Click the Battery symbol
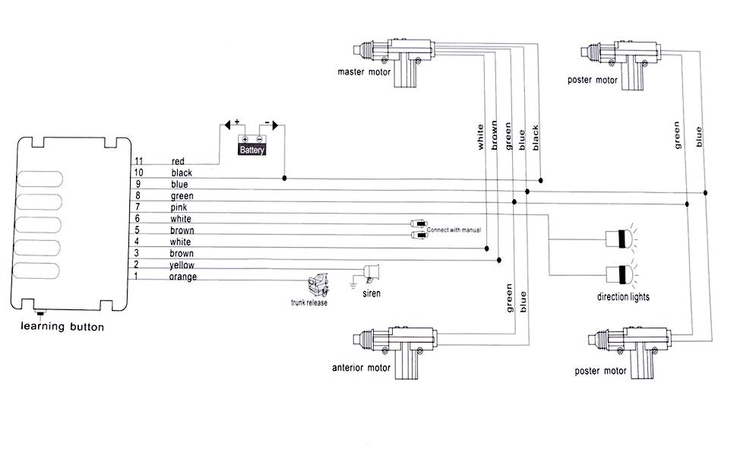(x=251, y=145)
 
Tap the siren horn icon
(x=371, y=272)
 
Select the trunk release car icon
(x=318, y=285)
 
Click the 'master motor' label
(x=364, y=72)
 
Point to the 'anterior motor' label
(x=361, y=368)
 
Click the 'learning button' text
(x=62, y=327)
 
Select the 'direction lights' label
(x=623, y=296)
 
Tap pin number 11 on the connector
(x=138, y=161)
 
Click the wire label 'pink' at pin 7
(x=179, y=207)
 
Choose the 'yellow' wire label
(x=182, y=265)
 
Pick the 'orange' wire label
(x=183, y=277)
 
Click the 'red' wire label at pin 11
(x=178, y=161)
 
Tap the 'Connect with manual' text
(x=454, y=230)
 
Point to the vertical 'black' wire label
(x=536, y=138)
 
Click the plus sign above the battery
(x=237, y=122)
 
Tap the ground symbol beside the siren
(x=353, y=284)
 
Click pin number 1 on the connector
(x=136, y=276)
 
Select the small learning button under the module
(x=40, y=313)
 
